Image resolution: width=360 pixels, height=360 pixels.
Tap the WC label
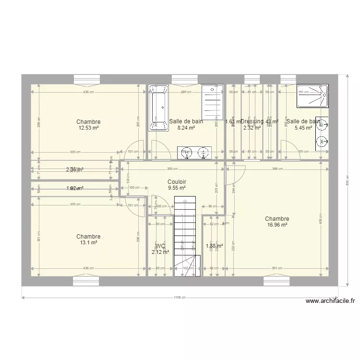coord(160,246)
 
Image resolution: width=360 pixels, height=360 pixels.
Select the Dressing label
coord(252,121)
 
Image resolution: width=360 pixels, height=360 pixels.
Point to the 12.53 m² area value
coord(88,128)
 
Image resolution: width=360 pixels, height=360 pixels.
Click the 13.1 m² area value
coord(88,243)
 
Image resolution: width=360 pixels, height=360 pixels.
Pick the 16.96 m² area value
coord(277,225)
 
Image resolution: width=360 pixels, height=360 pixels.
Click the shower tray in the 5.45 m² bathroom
coord(312,96)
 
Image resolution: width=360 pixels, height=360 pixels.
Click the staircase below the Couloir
coord(185,235)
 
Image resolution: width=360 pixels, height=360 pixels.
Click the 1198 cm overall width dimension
coord(179,298)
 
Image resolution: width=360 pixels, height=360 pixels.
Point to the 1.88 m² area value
coord(214,246)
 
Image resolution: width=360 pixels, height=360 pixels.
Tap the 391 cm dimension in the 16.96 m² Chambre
coord(277,268)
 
